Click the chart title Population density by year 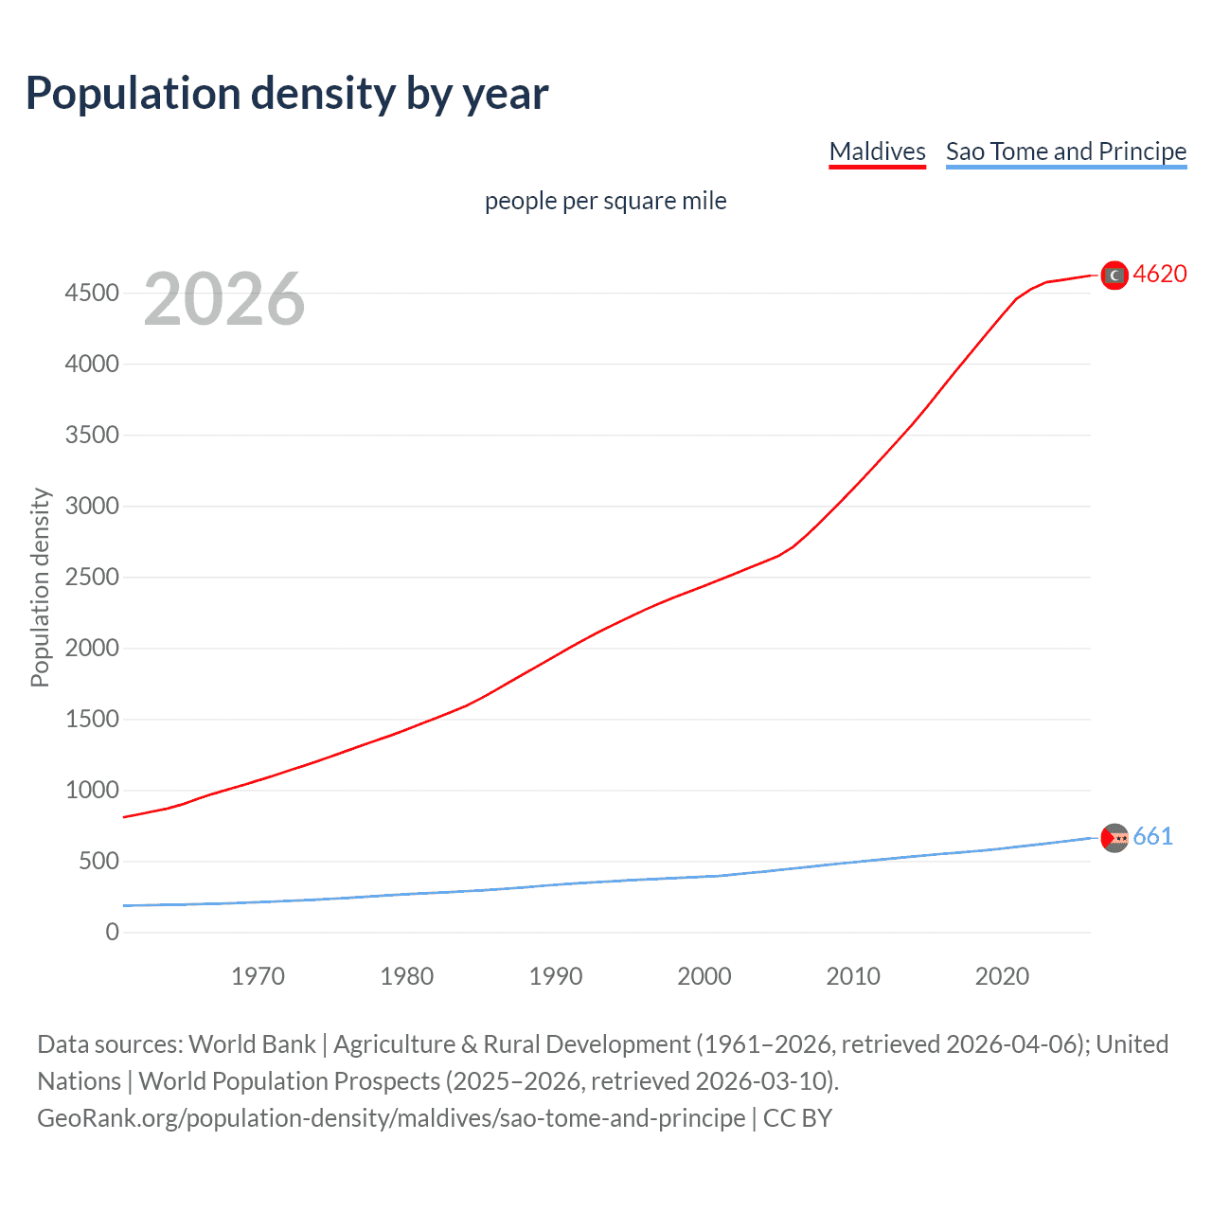pyautogui.click(x=287, y=94)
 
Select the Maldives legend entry pyautogui.click(x=877, y=151)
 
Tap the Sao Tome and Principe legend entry pyautogui.click(x=1065, y=151)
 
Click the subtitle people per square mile pyautogui.click(x=605, y=201)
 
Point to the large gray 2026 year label pyautogui.click(x=224, y=299)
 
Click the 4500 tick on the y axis pyautogui.click(x=92, y=293)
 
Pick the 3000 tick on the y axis pyautogui.click(x=92, y=506)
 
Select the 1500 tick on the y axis pyautogui.click(x=92, y=719)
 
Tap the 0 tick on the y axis pyautogui.click(x=113, y=932)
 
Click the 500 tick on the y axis pyautogui.click(x=98, y=861)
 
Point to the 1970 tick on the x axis pyautogui.click(x=258, y=976)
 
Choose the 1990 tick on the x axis pyautogui.click(x=556, y=976)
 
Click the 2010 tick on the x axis pyautogui.click(x=853, y=976)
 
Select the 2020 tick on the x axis pyautogui.click(x=1002, y=976)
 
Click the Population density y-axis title pyautogui.click(x=40, y=587)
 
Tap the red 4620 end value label pyautogui.click(x=1160, y=274)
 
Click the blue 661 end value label pyautogui.click(x=1152, y=836)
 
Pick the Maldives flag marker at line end pyautogui.click(x=1114, y=275)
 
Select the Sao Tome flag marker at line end pyautogui.click(x=1114, y=838)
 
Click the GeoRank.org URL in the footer pyautogui.click(x=391, y=1118)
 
